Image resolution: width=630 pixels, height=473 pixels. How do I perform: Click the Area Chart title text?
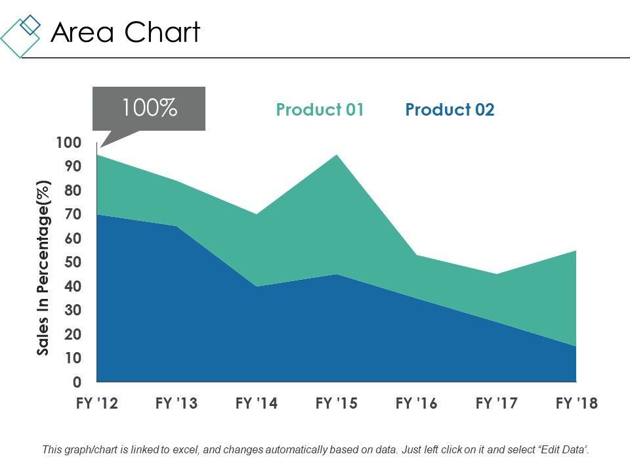click(x=125, y=32)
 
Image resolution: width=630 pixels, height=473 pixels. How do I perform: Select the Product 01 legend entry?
click(x=320, y=110)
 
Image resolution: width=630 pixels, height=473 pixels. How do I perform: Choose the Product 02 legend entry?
click(x=450, y=110)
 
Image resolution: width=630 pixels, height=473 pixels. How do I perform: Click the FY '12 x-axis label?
click(x=96, y=403)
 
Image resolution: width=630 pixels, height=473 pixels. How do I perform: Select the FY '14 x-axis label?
click(x=257, y=403)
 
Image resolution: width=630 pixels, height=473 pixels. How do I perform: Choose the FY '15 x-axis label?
click(x=337, y=403)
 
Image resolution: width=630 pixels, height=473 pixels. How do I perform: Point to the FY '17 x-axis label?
click(x=497, y=403)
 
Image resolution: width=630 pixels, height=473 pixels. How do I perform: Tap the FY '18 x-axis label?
click(x=577, y=403)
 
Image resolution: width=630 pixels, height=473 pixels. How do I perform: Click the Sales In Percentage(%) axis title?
click(x=44, y=267)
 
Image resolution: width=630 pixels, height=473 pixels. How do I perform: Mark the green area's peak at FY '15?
click(x=337, y=155)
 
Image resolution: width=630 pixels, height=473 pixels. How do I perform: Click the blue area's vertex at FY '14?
click(x=257, y=286)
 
